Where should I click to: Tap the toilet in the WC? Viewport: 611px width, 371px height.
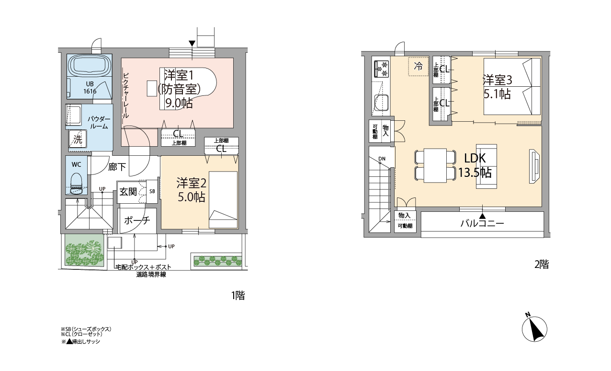[77, 183]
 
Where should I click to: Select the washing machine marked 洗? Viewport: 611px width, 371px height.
[78, 139]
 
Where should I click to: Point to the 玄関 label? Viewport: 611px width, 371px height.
[128, 192]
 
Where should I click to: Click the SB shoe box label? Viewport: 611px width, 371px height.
[152, 191]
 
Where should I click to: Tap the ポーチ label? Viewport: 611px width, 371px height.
[137, 220]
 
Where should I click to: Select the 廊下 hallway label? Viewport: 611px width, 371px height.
[117, 167]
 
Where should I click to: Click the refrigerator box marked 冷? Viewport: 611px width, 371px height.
[418, 67]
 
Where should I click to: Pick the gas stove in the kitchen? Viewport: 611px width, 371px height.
[381, 70]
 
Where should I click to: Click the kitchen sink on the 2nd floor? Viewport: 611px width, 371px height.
[381, 103]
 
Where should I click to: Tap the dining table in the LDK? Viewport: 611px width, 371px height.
[435, 165]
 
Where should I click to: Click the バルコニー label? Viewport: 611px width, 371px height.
[482, 224]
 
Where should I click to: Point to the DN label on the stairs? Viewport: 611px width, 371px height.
[382, 159]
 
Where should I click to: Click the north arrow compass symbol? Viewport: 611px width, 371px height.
[534, 328]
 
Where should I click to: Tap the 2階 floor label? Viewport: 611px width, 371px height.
[542, 264]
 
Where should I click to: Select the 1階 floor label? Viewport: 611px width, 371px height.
[238, 295]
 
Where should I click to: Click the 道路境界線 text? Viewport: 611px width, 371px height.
[151, 274]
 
